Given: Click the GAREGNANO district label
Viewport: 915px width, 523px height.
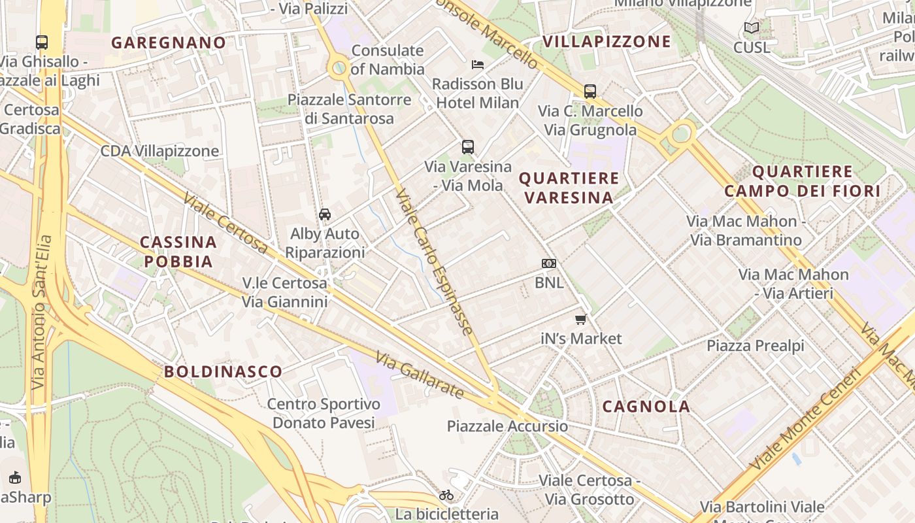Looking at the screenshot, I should [x=169, y=43].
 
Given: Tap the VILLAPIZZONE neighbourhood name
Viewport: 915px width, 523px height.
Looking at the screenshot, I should [x=607, y=42].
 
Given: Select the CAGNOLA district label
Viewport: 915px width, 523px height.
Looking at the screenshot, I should [x=646, y=407].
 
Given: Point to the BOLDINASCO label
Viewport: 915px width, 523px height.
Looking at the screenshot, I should [x=223, y=372].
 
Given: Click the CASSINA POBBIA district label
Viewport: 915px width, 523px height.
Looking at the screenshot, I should [x=178, y=252].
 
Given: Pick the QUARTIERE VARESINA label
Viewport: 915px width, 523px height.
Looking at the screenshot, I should [x=569, y=188].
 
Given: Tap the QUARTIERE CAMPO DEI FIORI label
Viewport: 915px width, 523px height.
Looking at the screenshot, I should [x=803, y=182].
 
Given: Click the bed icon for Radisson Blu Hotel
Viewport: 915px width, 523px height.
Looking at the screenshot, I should [x=478, y=65].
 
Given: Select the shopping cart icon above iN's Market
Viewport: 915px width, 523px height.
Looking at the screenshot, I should [x=580, y=320].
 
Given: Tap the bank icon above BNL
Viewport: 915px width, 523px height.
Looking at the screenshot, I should [x=549, y=263].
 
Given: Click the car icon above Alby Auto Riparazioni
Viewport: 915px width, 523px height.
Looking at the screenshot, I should [x=324, y=214].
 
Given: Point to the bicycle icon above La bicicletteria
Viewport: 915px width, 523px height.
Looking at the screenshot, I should [x=446, y=495].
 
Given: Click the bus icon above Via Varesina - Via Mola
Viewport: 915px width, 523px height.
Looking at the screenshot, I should [x=467, y=146].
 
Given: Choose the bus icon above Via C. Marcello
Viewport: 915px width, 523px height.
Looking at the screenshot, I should [x=590, y=92].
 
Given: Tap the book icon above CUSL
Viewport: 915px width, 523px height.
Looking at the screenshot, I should [x=752, y=28].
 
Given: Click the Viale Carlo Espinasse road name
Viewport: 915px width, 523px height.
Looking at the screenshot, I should [x=434, y=262].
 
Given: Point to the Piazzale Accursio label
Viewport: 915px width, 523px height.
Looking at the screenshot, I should [x=507, y=426].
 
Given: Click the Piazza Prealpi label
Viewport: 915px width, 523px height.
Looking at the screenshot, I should [x=756, y=345].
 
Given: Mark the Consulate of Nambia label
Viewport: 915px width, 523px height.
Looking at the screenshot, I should [x=388, y=59].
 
